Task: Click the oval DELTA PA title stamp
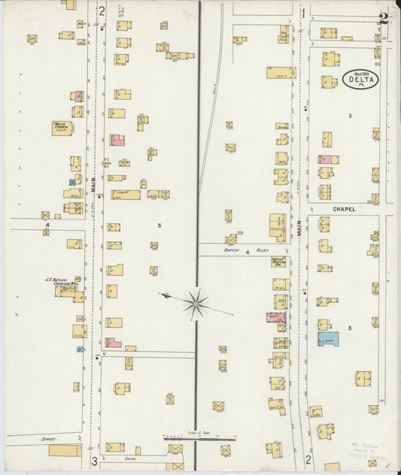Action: coord(361,79)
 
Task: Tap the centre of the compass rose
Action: coord(196,303)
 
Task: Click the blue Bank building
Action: coord(328,338)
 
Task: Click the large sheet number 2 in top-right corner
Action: coord(384,17)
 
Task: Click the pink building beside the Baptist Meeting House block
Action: coord(275,317)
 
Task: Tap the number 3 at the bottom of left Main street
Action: coord(94,461)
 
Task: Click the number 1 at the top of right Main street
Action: coord(303,12)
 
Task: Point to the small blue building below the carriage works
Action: coord(80,349)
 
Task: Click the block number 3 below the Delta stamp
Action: coord(350,115)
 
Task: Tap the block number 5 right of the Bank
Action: coord(350,328)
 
